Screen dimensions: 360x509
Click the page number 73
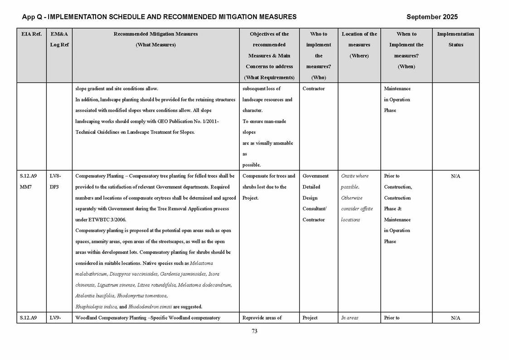click(254, 331)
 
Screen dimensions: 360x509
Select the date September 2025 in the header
click(431, 17)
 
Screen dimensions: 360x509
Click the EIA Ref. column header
click(31, 34)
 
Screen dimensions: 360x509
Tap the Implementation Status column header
click(455, 39)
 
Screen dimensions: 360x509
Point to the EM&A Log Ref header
click(59, 39)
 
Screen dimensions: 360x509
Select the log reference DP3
click(54, 187)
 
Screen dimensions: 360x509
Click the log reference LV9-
click(55, 318)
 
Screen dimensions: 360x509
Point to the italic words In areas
click(349, 318)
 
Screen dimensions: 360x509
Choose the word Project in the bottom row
click(310, 318)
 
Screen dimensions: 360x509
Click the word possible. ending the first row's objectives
click(252, 165)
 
